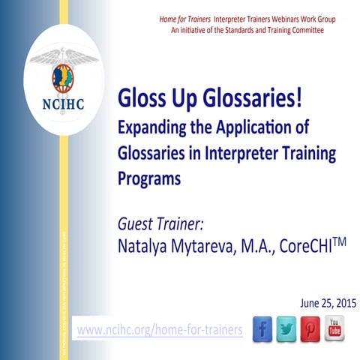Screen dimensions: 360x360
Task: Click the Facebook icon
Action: pyautogui.click(x=262, y=329)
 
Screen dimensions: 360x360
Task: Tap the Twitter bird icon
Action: pyautogui.click(x=286, y=329)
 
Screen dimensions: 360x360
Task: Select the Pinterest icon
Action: pyautogui.click(x=310, y=329)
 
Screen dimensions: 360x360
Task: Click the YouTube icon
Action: pyautogui.click(x=334, y=329)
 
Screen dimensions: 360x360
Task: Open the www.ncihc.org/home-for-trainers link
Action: pyautogui.click(x=160, y=330)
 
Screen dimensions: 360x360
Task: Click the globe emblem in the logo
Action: pyautogui.click(x=64, y=77)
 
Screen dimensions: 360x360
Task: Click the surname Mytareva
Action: pyautogui.click(x=212, y=245)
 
